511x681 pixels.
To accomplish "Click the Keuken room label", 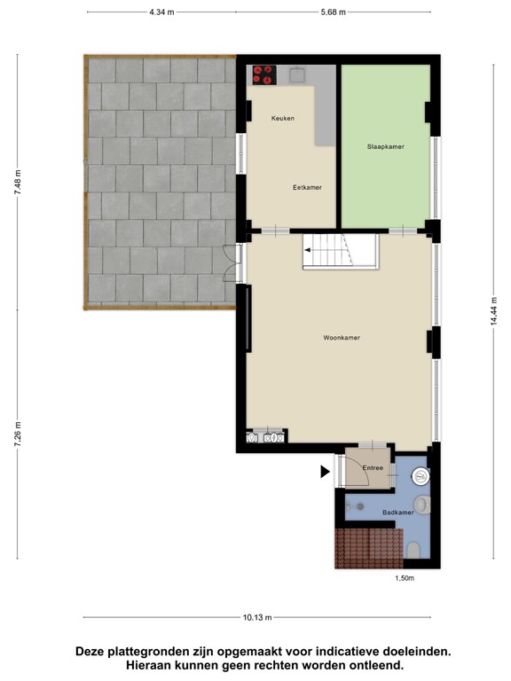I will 283,118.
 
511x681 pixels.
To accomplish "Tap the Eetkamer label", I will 307,188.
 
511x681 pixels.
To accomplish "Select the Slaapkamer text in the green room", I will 386,146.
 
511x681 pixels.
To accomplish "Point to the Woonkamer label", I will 342,338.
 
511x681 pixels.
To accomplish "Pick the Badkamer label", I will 397,513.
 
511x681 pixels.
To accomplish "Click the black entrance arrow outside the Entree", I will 325,474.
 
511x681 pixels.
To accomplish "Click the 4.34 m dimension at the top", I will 161,12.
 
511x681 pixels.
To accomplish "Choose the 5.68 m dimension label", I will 333,12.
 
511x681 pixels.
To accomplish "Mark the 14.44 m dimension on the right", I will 494,310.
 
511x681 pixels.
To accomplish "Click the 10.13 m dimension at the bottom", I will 259,618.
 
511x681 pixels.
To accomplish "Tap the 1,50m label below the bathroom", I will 405,578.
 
